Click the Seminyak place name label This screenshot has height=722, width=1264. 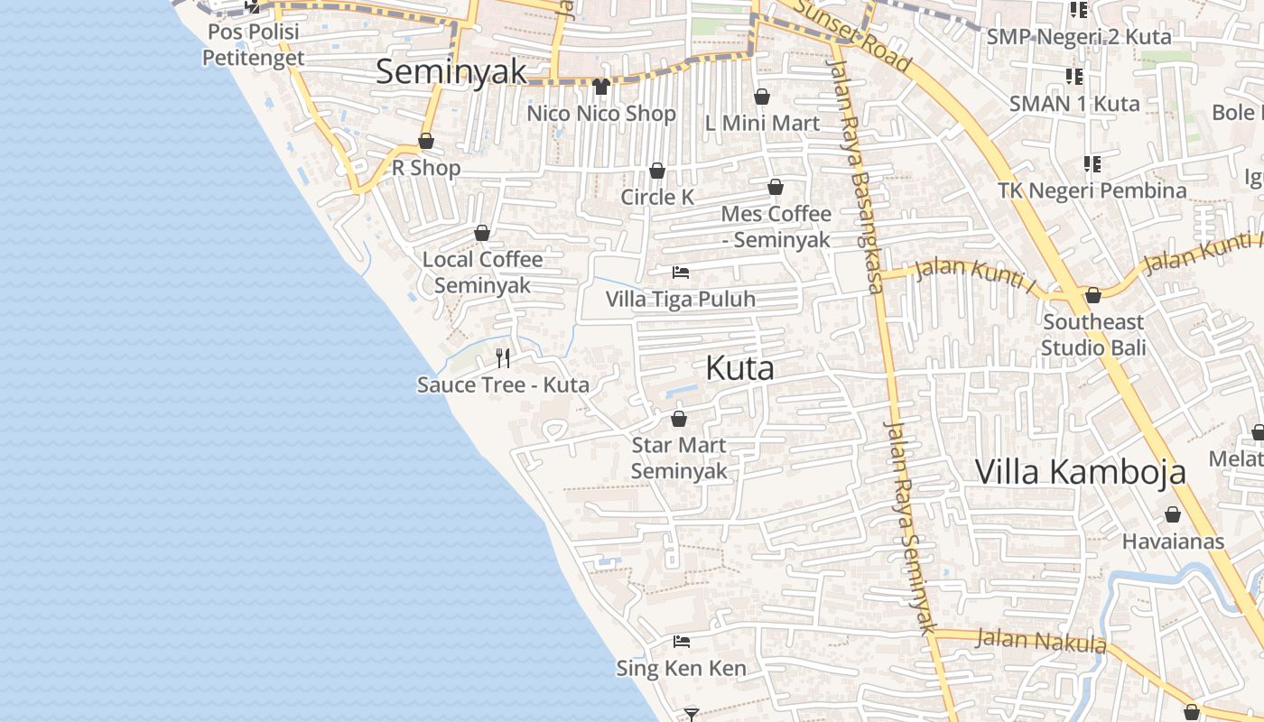(451, 71)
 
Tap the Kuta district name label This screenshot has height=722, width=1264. (739, 368)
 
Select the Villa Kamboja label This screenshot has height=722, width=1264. (1080, 472)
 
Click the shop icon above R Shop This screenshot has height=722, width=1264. (426, 141)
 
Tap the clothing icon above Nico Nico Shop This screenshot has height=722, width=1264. (601, 87)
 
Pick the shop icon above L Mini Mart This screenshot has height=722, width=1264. (762, 97)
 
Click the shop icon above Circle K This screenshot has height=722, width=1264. (657, 171)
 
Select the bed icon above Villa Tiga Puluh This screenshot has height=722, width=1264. (681, 272)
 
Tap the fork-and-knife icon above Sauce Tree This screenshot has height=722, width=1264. (503, 358)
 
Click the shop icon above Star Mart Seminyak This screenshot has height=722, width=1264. (679, 419)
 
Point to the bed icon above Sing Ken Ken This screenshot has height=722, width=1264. (682, 642)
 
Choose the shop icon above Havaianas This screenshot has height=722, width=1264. (1173, 514)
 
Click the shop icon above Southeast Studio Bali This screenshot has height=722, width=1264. (1093, 295)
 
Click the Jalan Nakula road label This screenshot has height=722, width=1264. (1042, 641)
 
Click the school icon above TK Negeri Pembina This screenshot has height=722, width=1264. (1092, 164)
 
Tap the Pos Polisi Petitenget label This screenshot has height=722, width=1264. (253, 44)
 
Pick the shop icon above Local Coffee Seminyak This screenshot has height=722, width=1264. (482, 233)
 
